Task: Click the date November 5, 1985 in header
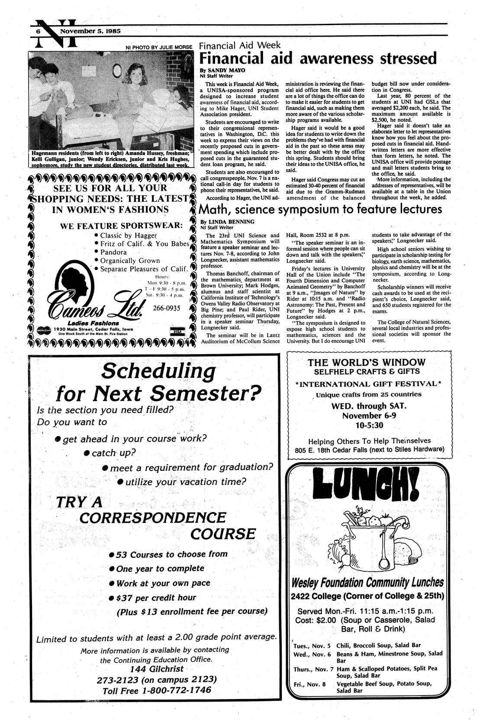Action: [x=85, y=31]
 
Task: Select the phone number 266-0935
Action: [x=167, y=308]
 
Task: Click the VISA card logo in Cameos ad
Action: [x=177, y=331]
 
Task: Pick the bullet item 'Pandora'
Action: [x=113, y=252]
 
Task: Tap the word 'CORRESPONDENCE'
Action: [x=153, y=517]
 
